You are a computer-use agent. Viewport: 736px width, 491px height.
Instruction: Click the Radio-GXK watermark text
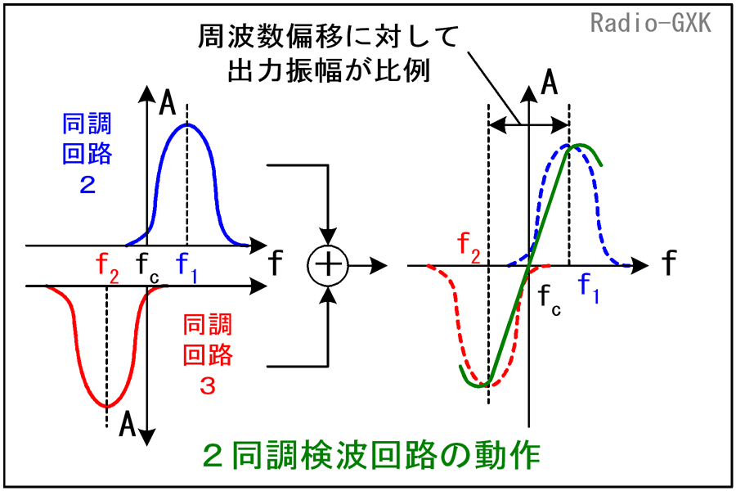click(651, 23)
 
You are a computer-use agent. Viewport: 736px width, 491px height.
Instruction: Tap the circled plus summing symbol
click(328, 265)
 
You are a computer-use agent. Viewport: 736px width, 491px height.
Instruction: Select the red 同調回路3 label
click(208, 354)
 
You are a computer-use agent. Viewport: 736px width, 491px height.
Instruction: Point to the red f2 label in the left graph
click(107, 268)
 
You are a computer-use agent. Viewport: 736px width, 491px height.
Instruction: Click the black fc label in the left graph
click(148, 268)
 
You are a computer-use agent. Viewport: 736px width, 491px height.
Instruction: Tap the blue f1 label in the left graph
click(186, 268)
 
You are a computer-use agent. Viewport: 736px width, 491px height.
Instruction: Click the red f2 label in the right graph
click(469, 248)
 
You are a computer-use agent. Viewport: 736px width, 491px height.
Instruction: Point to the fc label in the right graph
click(550, 300)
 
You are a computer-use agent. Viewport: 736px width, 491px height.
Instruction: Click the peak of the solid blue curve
click(187, 124)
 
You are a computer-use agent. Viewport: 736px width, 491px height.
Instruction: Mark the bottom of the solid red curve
click(107, 407)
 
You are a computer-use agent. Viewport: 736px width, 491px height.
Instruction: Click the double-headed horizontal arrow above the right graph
click(529, 125)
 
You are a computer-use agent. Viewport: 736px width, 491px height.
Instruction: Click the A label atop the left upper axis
click(167, 103)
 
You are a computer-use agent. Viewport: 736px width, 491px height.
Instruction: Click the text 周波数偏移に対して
click(328, 37)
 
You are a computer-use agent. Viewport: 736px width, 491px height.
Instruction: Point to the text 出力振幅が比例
click(329, 71)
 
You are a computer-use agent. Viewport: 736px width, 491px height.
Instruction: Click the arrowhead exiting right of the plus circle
click(379, 265)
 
